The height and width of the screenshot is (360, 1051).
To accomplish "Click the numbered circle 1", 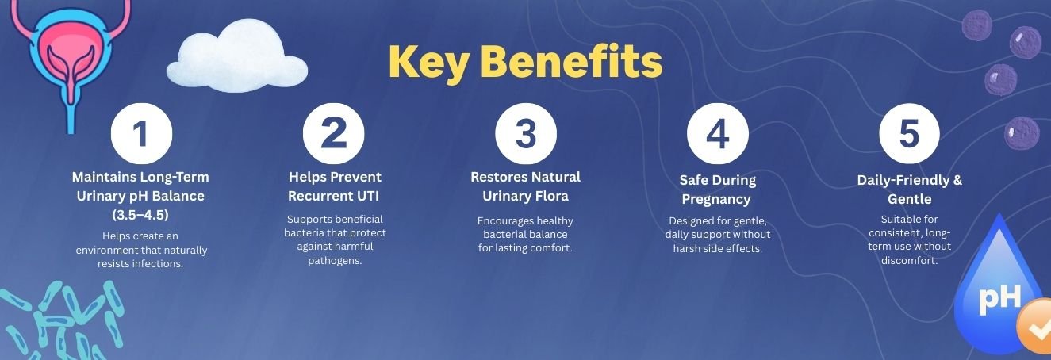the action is (x=141, y=133).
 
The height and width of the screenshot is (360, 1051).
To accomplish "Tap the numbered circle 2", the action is (x=334, y=133).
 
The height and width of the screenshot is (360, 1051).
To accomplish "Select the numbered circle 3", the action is (x=525, y=133).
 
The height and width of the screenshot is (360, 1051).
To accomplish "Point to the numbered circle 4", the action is (x=717, y=133).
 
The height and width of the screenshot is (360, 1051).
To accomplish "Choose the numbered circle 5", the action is (x=909, y=133).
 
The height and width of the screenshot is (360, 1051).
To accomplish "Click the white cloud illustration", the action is (x=237, y=57).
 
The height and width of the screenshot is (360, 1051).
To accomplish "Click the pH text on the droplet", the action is (x=999, y=298).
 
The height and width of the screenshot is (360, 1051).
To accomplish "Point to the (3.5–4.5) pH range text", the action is (x=140, y=215).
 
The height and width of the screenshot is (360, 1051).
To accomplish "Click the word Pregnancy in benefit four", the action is (x=716, y=200).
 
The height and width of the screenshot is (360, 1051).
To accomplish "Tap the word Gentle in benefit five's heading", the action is (x=909, y=199).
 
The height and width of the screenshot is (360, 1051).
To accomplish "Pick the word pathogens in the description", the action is (x=335, y=261).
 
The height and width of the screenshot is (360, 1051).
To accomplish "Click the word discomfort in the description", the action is (x=909, y=261).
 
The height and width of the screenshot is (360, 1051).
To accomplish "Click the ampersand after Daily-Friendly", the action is (x=957, y=180).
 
